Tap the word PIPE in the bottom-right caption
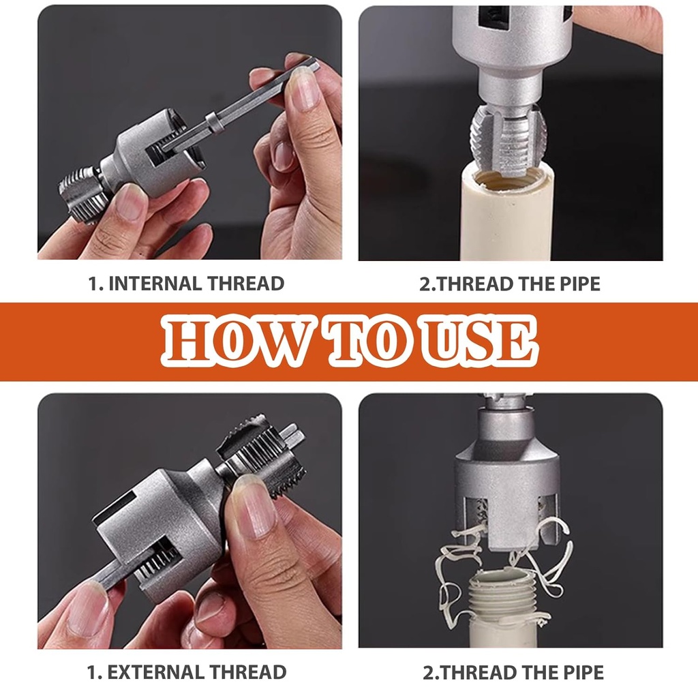coord(583,672)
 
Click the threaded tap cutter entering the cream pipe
coord(508,140)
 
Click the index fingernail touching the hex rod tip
coord(303,89)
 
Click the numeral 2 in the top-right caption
coord(425,284)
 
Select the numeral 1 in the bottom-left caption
coord(92,672)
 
